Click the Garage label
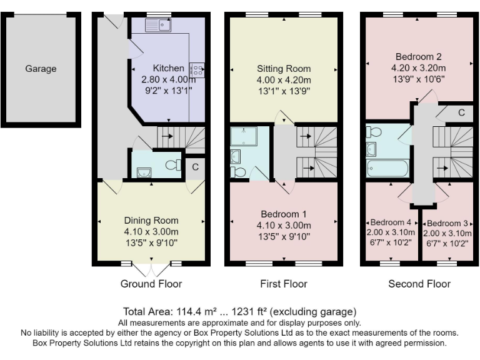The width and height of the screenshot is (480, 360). coord(41,69)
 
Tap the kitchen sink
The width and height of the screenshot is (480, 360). coord(158,25)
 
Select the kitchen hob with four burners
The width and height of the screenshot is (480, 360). coord(197,70)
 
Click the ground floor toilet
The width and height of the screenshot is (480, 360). coord(173,165)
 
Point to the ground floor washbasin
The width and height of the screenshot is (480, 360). coord(144,172)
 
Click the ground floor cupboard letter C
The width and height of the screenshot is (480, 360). coord(195,167)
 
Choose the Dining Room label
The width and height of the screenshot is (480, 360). coord(151,221)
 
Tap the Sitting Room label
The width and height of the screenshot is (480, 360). coord(284,69)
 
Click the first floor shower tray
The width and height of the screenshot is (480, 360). coord(244,136)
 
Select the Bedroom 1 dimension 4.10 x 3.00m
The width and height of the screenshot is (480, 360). coord(284,226)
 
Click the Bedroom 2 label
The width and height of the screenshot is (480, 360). coord(419,57)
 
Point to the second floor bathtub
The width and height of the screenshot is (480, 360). coord(387,168)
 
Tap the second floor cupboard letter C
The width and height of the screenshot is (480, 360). coord(462,112)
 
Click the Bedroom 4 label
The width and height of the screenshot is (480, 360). coord(391,222)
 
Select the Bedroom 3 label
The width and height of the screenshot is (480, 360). coord(447,223)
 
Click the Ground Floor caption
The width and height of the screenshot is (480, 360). coord(151,284)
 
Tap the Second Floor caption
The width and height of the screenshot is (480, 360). coord(419,284)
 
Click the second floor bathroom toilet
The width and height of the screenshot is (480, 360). coord(374,132)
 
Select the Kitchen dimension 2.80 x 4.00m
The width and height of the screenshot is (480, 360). coord(168,79)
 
